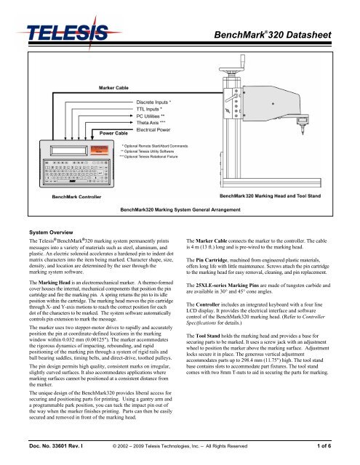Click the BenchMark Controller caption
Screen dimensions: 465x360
pos(60,196)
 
